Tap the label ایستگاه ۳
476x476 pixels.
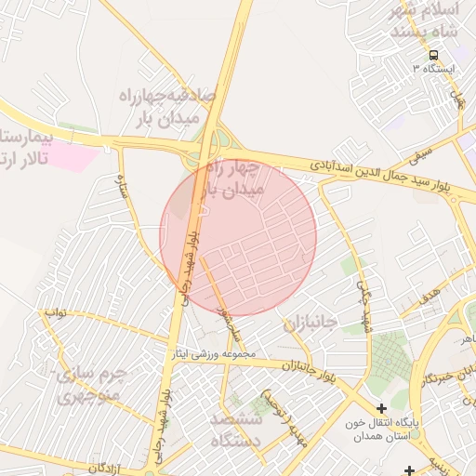[440, 70]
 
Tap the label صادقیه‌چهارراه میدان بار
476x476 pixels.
[167, 106]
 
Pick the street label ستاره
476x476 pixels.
[122, 190]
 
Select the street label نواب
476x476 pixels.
[55, 312]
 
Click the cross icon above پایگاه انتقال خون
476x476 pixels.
[381, 408]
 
